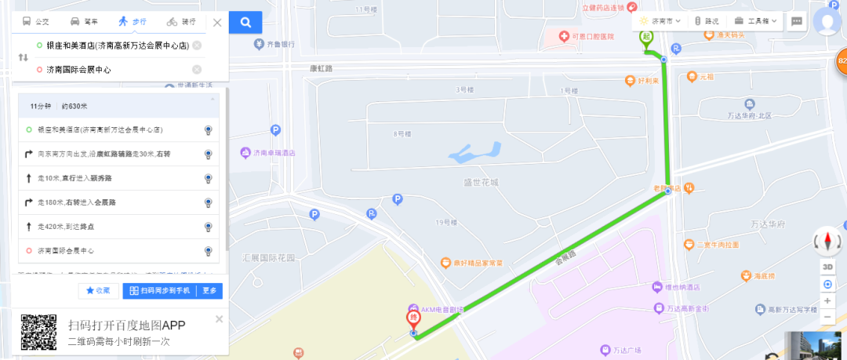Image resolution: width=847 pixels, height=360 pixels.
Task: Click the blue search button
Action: click(x=245, y=22)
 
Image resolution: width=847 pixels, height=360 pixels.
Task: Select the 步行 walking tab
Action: click(x=133, y=22)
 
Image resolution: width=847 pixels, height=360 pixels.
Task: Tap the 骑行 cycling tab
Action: click(x=182, y=22)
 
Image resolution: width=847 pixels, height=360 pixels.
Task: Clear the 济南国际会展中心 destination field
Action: click(x=197, y=70)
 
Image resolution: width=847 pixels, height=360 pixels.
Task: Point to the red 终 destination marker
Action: click(x=412, y=320)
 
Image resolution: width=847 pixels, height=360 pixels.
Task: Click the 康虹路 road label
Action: click(x=322, y=68)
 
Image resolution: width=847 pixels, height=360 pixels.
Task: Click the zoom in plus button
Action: click(x=827, y=300)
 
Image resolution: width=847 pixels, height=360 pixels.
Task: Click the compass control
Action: click(x=827, y=242)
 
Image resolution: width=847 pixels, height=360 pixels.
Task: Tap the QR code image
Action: click(x=38, y=333)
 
